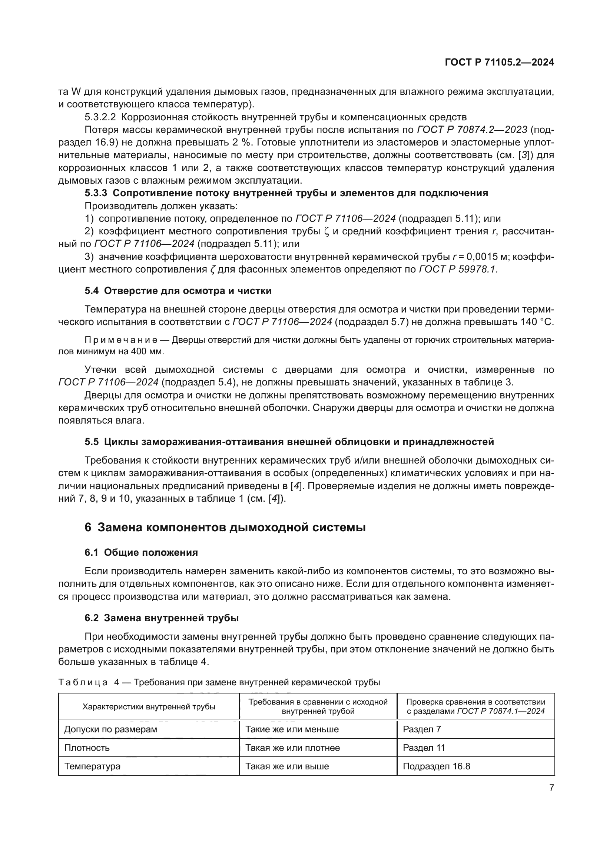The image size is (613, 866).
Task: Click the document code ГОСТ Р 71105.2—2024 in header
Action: coord(499,63)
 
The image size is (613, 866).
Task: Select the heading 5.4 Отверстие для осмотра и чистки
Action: coord(178,291)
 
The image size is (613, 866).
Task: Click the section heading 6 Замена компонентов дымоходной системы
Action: coord(225,527)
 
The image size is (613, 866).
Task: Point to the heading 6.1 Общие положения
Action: coord(141,553)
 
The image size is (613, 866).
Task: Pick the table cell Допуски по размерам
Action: coord(110,729)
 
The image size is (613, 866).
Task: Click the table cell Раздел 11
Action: coord(424,748)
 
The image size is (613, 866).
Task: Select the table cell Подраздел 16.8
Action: coord(436,766)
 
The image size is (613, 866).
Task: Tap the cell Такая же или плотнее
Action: coord(292,748)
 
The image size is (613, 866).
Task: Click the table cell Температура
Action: coord(93,766)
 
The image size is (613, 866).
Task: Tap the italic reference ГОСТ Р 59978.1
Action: coord(458,270)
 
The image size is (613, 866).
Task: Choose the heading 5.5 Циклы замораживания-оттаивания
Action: coord(289,442)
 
